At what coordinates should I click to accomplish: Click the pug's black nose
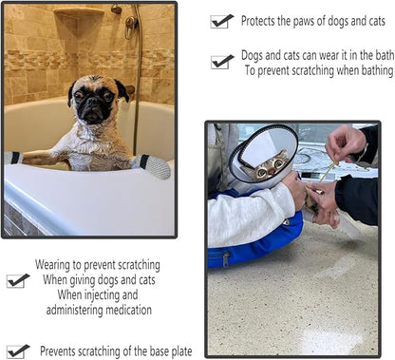(x=93, y=102)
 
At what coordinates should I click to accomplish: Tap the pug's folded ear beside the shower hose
(x=122, y=90)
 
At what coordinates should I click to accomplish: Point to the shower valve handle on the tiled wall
(x=129, y=27)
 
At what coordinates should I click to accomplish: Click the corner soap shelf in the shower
(x=79, y=12)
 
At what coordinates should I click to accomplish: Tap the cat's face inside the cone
(x=270, y=167)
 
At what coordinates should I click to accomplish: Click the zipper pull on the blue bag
(x=226, y=259)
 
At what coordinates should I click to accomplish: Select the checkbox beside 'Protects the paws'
(x=222, y=21)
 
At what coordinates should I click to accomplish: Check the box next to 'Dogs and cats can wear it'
(x=222, y=62)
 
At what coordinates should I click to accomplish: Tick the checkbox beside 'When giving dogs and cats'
(x=18, y=280)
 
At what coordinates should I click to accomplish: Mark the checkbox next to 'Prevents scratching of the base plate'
(x=18, y=351)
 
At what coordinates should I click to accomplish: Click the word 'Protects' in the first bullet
(x=257, y=21)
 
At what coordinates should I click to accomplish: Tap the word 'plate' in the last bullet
(x=181, y=351)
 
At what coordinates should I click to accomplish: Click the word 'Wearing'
(x=52, y=265)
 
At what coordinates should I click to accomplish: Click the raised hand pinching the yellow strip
(x=347, y=143)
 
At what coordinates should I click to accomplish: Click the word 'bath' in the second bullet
(x=385, y=55)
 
